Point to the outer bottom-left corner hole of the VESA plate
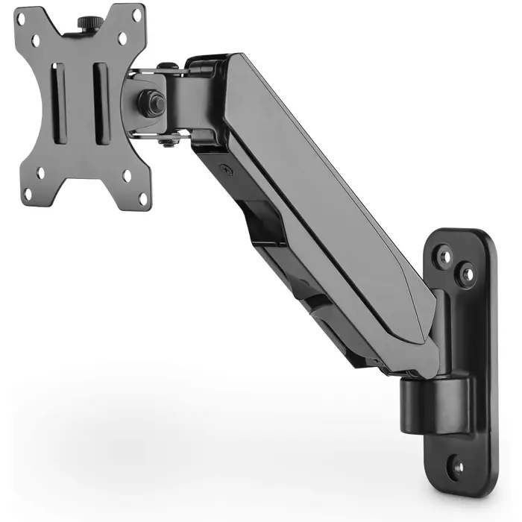[x=28, y=195]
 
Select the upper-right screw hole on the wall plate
[x=467, y=275]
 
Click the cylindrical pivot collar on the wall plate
[x=435, y=403]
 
